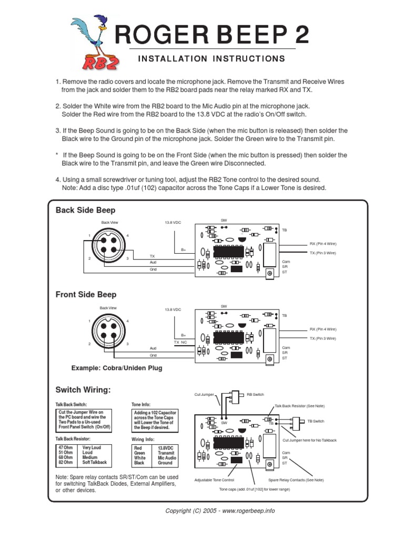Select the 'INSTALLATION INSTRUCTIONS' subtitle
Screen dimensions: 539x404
click(x=211, y=58)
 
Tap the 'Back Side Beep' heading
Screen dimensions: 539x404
click(x=85, y=211)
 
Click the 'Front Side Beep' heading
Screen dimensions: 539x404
click(x=86, y=295)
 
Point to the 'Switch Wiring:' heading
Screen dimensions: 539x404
click(x=83, y=390)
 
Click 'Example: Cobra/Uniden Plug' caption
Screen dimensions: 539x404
click(x=117, y=368)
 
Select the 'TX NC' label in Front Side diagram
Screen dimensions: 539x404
click(x=180, y=342)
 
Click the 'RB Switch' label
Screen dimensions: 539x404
click(x=256, y=394)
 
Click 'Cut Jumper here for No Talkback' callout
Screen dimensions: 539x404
click(x=309, y=440)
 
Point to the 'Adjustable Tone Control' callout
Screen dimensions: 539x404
click(x=214, y=480)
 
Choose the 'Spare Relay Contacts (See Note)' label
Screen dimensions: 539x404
click(x=296, y=480)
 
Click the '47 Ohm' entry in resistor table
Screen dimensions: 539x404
click(x=66, y=447)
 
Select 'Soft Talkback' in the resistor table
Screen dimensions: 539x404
click(x=95, y=462)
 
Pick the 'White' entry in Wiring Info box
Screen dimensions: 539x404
click(x=140, y=457)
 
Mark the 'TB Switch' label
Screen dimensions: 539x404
click(x=316, y=421)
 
